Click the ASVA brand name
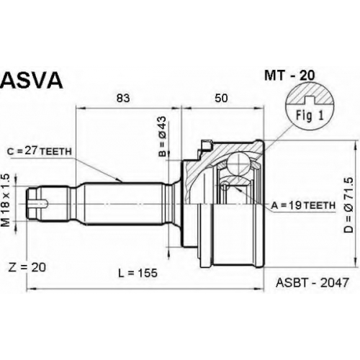click(32, 81)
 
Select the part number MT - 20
click(289, 76)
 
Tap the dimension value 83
click(123, 98)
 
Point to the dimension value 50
click(221, 98)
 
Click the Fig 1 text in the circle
click(310, 115)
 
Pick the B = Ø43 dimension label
click(163, 136)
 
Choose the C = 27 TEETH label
click(40, 151)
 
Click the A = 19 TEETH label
click(303, 205)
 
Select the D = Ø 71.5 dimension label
click(348, 205)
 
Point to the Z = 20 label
click(27, 267)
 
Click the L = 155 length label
click(138, 273)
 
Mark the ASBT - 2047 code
click(312, 282)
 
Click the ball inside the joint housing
click(238, 163)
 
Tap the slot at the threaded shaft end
click(38, 204)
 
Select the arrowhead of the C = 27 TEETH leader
click(119, 180)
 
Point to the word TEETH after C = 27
click(55, 152)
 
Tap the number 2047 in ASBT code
click(334, 282)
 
